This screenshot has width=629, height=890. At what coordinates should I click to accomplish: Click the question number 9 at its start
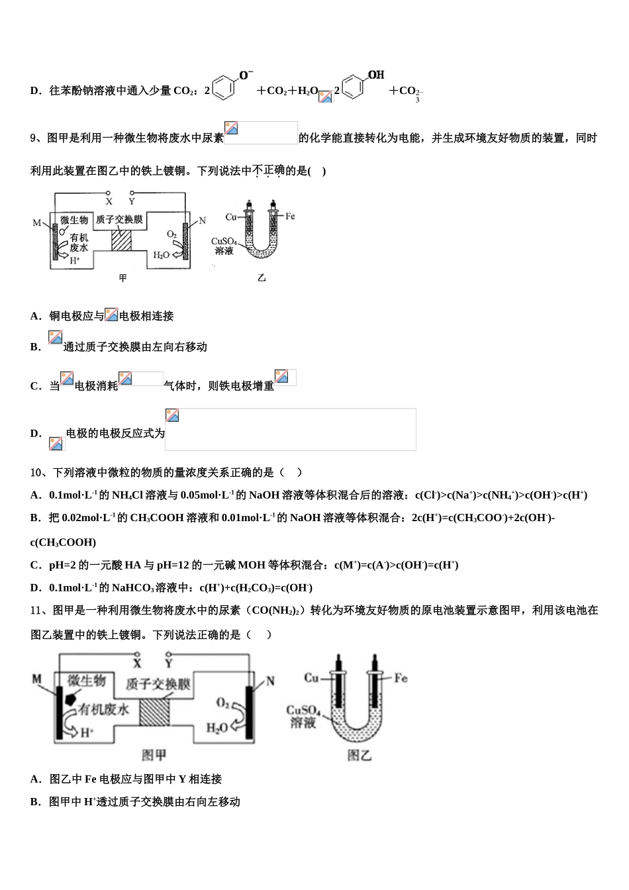point(34,138)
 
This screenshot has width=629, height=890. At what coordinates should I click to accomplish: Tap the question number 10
point(37,473)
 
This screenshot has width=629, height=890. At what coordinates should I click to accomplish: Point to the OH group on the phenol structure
point(375,75)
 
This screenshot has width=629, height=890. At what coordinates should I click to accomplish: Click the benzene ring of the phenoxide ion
point(225,88)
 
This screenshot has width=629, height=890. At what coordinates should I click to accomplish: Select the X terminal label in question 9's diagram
point(109,201)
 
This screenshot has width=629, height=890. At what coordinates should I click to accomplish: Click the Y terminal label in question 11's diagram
point(169,662)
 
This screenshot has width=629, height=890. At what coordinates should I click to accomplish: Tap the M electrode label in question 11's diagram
point(37,679)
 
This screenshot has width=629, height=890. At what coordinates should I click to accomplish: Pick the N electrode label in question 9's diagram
point(202,221)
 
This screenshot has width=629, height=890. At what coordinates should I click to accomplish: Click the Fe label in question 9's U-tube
point(290,216)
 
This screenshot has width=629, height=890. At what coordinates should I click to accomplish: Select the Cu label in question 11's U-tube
point(311,678)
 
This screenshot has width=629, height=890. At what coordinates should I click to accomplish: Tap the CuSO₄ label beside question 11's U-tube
point(303,711)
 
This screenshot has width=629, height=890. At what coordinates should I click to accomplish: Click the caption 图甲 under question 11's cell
point(154,755)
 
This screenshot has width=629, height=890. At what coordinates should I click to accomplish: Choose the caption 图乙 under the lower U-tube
point(360,755)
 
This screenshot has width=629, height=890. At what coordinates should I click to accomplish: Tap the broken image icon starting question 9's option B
point(55,338)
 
